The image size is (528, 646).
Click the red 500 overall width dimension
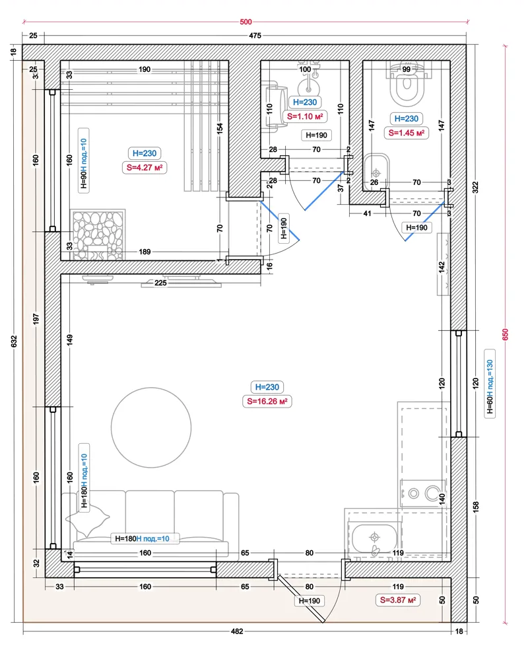pyautogui.click(x=246, y=22)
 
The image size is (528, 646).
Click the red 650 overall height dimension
pyautogui.click(x=506, y=334)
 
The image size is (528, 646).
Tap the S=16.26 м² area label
pyautogui.click(x=267, y=401)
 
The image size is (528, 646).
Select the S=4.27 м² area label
pyautogui.click(x=145, y=168)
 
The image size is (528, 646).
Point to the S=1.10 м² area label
pyautogui.click(x=305, y=117)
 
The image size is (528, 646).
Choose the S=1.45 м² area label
pyautogui.click(x=406, y=133)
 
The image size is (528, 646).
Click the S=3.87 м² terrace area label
pyautogui.click(x=398, y=600)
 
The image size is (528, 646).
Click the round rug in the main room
pyautogui.click(x=151, y=427)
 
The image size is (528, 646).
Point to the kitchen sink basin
pyautogui.click(x=374, y=538)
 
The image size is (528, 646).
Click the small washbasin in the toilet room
pyautogui.click(x=376, y=172)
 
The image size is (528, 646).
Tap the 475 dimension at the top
pyautogui.click(x=255, y=36)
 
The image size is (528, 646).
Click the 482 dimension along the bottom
pyautogui.click(x=237, y=631)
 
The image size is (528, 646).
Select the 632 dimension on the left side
pyautogui.click(x=14, y=341)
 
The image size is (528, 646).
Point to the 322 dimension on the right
pyautogui.click(x=476, y=187)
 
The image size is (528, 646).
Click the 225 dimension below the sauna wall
pyautogui.click(x=160, y=283)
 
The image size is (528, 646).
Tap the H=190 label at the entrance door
pyautogui.click(x=309, y=600)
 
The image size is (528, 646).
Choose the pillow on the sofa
pyautogui.click(x=88, y=519)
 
